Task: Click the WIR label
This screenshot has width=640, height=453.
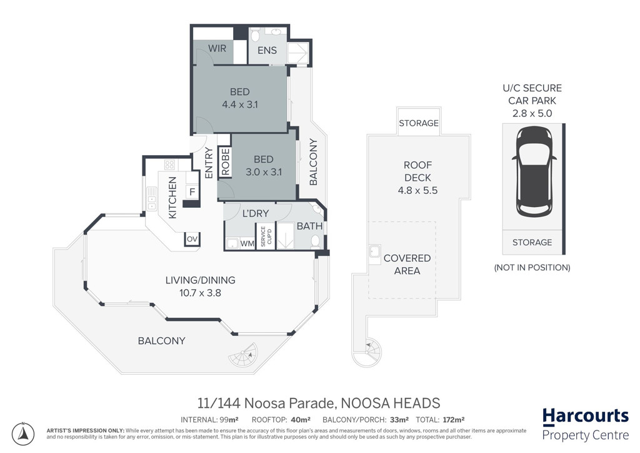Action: (217, 48)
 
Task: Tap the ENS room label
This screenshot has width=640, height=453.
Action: (267, 50)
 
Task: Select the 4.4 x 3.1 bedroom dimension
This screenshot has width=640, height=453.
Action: (239, 104)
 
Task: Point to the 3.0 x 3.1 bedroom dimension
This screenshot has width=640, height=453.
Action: (264, 172)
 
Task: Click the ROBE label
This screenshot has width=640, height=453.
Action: (225, 162)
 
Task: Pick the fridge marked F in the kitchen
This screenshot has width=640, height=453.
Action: (192, 191)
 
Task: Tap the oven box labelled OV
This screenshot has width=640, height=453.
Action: (192, 239)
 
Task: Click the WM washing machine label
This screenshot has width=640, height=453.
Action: (247, 244)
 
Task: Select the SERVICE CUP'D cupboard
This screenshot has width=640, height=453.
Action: (266, 236)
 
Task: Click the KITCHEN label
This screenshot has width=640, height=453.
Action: (172, 198)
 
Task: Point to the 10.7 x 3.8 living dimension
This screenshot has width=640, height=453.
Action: (200, 293)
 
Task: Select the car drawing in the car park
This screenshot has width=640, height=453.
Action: (534, 172)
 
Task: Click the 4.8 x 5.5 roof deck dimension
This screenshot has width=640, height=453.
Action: (417, 190)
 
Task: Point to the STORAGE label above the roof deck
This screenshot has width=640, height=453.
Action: (419, 123)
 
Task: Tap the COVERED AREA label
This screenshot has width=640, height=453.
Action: (407, 264)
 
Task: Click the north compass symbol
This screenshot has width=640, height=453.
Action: (23, 434)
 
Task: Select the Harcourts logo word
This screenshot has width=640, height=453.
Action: (585, 416)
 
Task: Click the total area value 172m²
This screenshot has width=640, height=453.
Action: (453, 419)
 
